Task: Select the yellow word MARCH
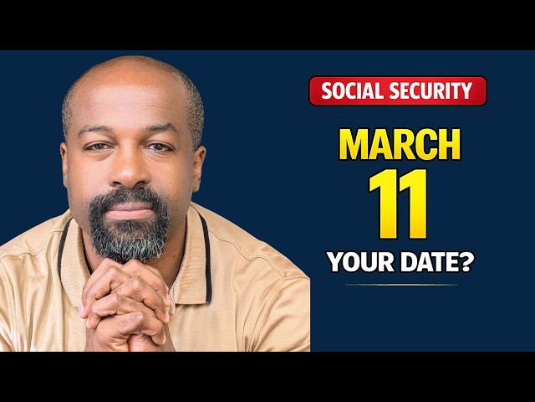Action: [399, 146]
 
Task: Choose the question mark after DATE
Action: [466, 263]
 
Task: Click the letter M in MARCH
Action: [353, 146]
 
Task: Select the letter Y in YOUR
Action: [334, 263]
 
